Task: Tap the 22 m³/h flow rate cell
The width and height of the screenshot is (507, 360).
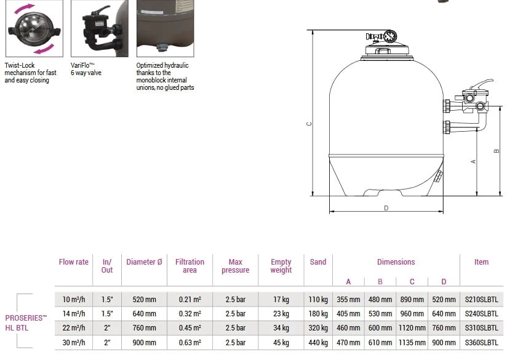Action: pyautogui.click(x=74, y=328)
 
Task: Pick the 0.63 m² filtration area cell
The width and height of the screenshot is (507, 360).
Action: pyautogui.click(x=190, y=342)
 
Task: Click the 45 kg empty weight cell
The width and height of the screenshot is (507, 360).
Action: pyautogui.click(x=281, y=342)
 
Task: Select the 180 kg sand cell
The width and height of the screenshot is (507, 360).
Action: pyautogui.click(x=318, y=314)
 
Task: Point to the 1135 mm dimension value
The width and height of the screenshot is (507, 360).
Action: pyautogui.click(x=412, y=342)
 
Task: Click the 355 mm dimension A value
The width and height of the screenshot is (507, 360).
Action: pyautogui.click(x=348, y=300)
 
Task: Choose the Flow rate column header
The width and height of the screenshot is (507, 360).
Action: pyautogui.click(x=74, y=262)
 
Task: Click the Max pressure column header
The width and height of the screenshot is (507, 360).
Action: pyautogui.click(x=235, y=266)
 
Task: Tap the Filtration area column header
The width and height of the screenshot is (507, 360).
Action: pyautogui.click(x=190, y=266)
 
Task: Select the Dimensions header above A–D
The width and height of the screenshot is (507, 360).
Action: pyautogui.click(x=396, y=262)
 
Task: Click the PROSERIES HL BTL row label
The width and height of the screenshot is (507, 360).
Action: pyautogui.click(x=26, y=322)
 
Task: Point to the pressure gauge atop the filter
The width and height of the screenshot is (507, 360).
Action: pyautogui.click(x=389, y=36)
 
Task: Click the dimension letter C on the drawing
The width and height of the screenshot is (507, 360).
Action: pyautogui.click(x=309, y=123)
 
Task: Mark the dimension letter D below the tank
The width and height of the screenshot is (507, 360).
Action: pyautogui.click(x=386, y=207)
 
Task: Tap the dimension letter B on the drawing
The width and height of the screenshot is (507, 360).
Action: pyautogui.click(x=496, y=150)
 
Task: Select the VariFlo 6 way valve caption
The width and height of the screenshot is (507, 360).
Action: pyautogui.click(x=86, y=69)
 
